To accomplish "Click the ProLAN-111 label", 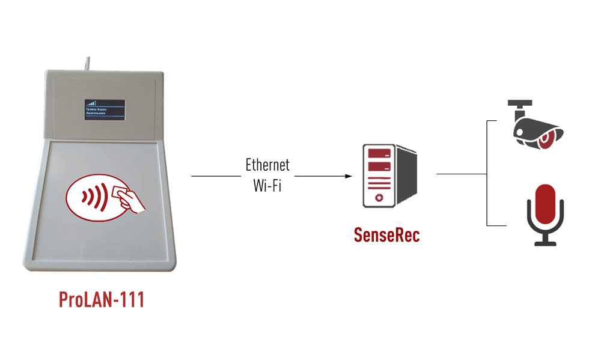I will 102,299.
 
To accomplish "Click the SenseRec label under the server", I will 386,235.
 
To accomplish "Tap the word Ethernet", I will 267,165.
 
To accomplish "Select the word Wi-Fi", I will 267,185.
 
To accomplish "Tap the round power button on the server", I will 379,198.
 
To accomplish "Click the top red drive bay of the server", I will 379,153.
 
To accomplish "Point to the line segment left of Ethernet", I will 215,176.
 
